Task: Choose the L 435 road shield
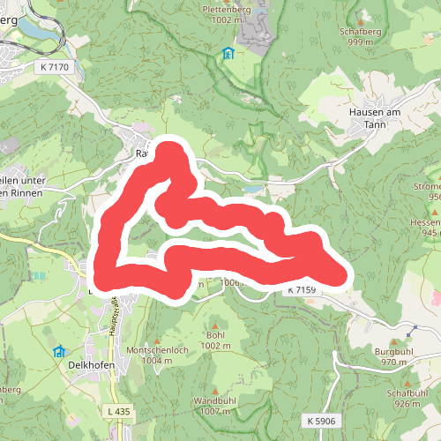(x=116, y=412)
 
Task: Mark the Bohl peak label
(x=215, y=340)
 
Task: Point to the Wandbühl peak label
(x=216, y=406)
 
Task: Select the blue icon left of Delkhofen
(x=59, y=351)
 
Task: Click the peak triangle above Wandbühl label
(x=216, y=392)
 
